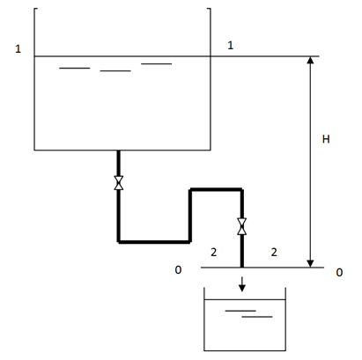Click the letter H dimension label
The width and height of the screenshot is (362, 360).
pyautogui.click(x=326, y=139)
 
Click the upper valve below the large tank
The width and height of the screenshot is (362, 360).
pyautogui.click(x=119, y=183)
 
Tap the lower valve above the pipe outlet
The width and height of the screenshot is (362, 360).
pyautogui.click(x=242, y=226)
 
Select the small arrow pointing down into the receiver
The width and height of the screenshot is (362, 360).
pyautogui.click(x=242, y=284)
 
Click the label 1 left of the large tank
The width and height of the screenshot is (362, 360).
pyautogui.click(x=18, y=48)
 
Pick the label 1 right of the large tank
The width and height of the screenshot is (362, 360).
pyautogui.click(x=231, y=45)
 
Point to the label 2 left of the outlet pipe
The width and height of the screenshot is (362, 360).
pyautogui.click(x=214, y=253)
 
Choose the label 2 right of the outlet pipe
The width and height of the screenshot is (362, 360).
pyautogui.click(x=274, y=253)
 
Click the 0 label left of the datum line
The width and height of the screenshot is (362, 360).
pyautogui.click(x=178, y=270)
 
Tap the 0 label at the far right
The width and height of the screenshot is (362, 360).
pyautogui.click(x=339, y=273)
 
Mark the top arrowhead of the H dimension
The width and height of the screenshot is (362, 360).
pyautogui.click(x=310, y=60)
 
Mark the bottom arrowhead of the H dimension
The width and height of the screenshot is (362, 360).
pyautogui.click(x=310, y=264)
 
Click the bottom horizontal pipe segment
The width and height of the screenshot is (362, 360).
pyautogui.click(x=154, y=242)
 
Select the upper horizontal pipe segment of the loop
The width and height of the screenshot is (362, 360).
pyautogui.click(x=216, y=189)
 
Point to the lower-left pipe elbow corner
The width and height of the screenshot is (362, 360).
pyautogui.click(x=119, y=242)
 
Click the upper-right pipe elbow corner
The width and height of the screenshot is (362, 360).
pyautogui.click(x=242, y=189)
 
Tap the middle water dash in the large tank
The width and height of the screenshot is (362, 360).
pyautogui.click(x=115, y=71)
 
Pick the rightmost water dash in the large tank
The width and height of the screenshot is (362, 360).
pyautogui.click(x=157, y=63)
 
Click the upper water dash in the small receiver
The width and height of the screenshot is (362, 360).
pyautogui.click(x=240, y=311)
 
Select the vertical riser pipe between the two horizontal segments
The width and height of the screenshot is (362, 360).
pyautogui.click(x=190, y=216)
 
